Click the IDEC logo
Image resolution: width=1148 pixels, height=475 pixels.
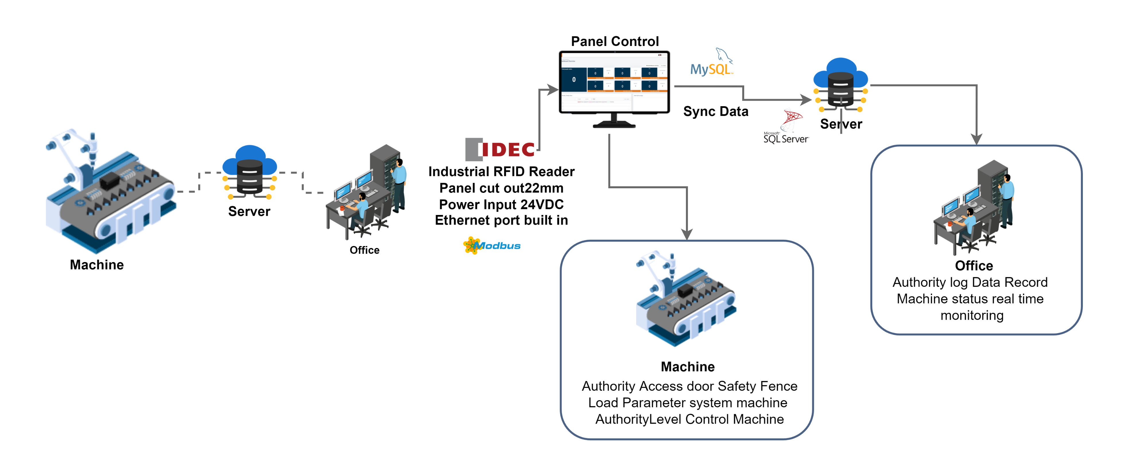point(500,149)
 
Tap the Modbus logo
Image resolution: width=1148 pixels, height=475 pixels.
point(492,245)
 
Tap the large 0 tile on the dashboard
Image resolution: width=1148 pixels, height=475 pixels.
point(573,80)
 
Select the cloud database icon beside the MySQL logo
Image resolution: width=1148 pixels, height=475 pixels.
point(841,85)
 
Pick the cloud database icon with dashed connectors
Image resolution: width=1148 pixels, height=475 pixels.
point(250,172)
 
